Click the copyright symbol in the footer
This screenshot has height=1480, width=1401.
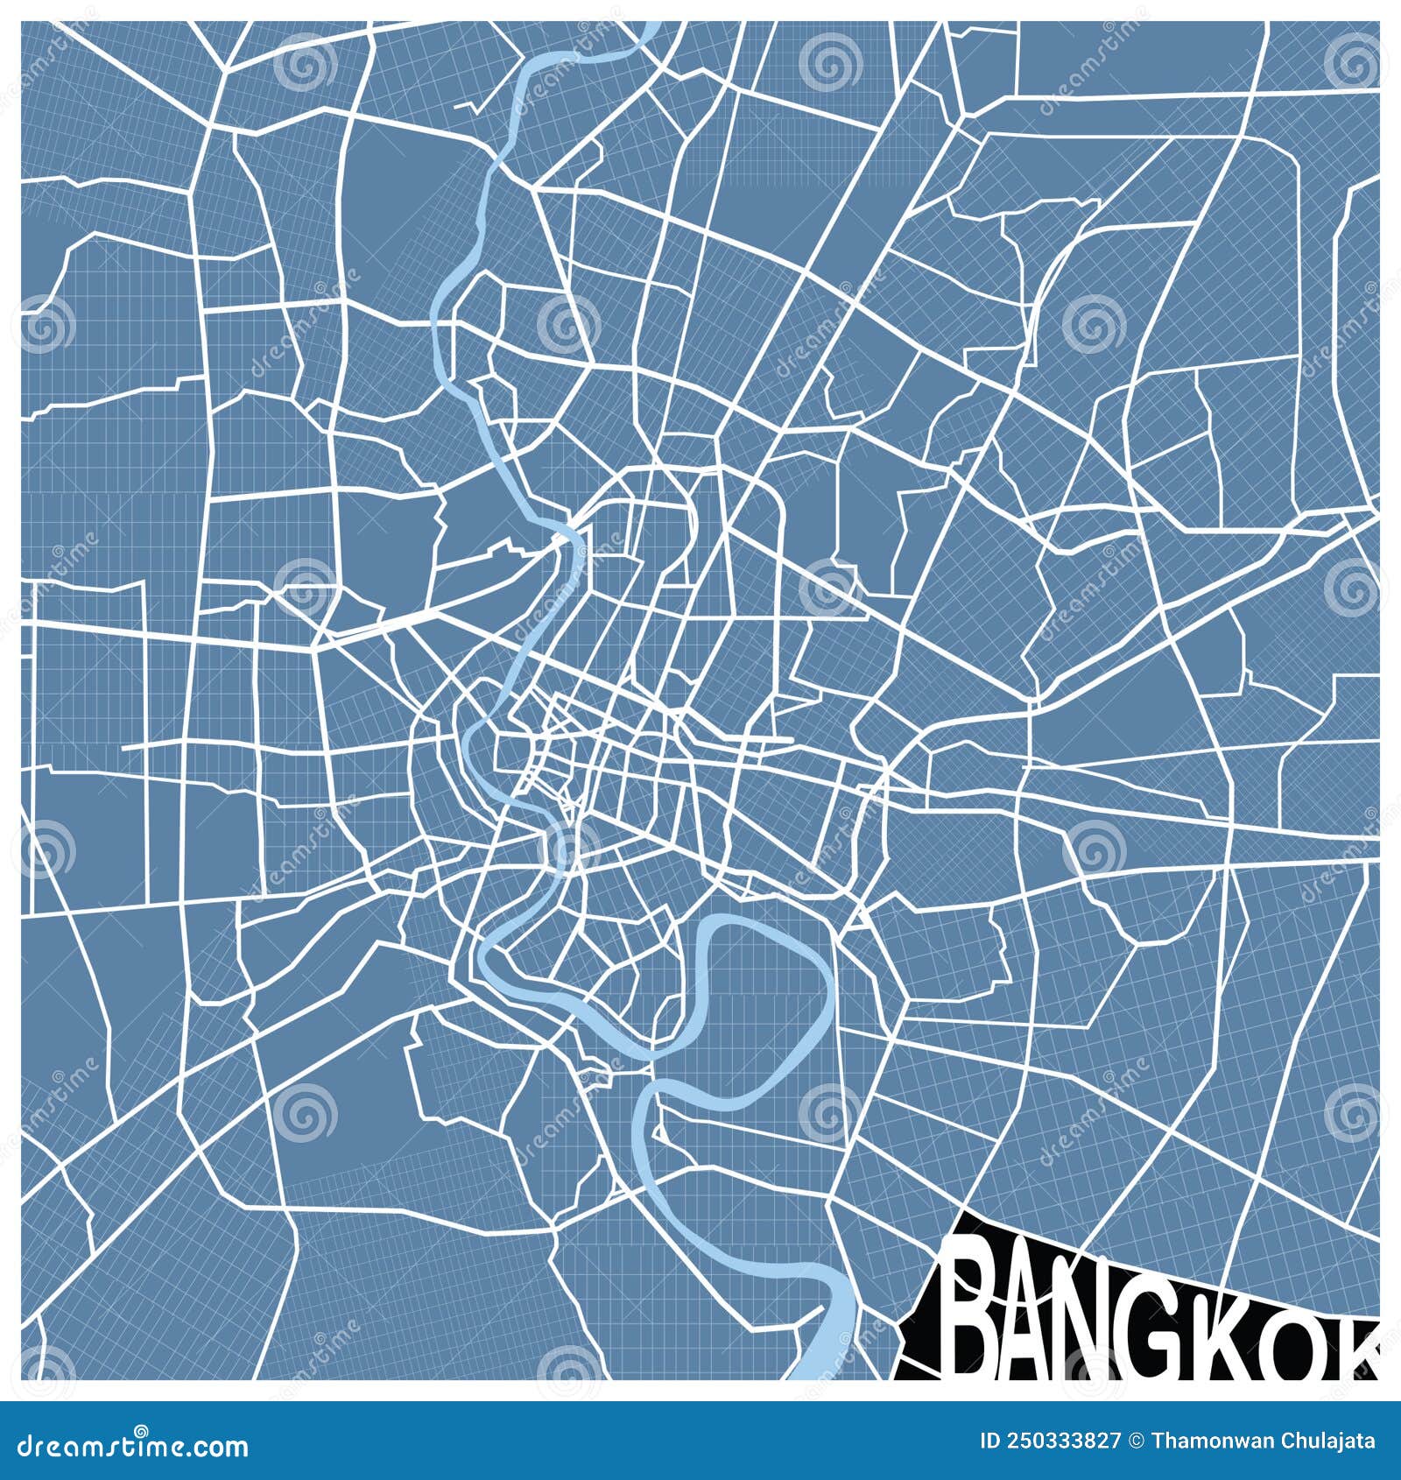pos(1137,1441)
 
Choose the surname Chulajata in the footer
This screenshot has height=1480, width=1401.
pos(1323,1441)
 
